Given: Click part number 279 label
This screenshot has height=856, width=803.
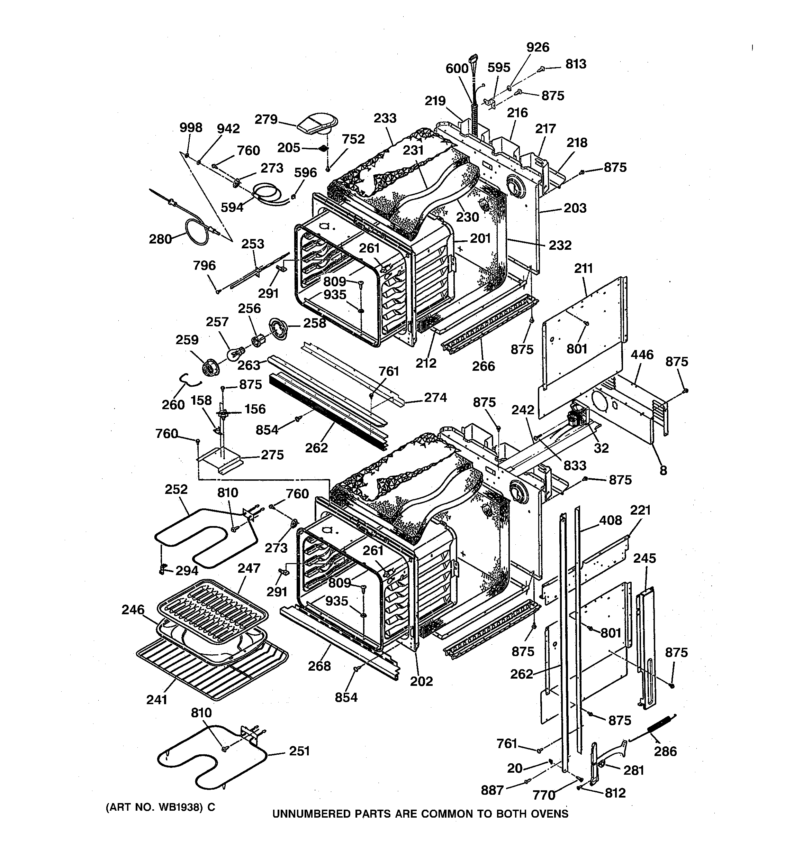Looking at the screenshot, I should [266, 119].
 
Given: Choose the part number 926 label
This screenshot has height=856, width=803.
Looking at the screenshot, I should [538, 47].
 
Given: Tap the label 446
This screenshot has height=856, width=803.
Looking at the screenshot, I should [642, 355].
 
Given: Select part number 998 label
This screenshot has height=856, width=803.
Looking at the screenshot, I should [190, 128].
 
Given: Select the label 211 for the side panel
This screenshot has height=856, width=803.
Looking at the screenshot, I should [583, 268].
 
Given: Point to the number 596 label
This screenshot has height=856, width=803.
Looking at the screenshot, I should [305, 172].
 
